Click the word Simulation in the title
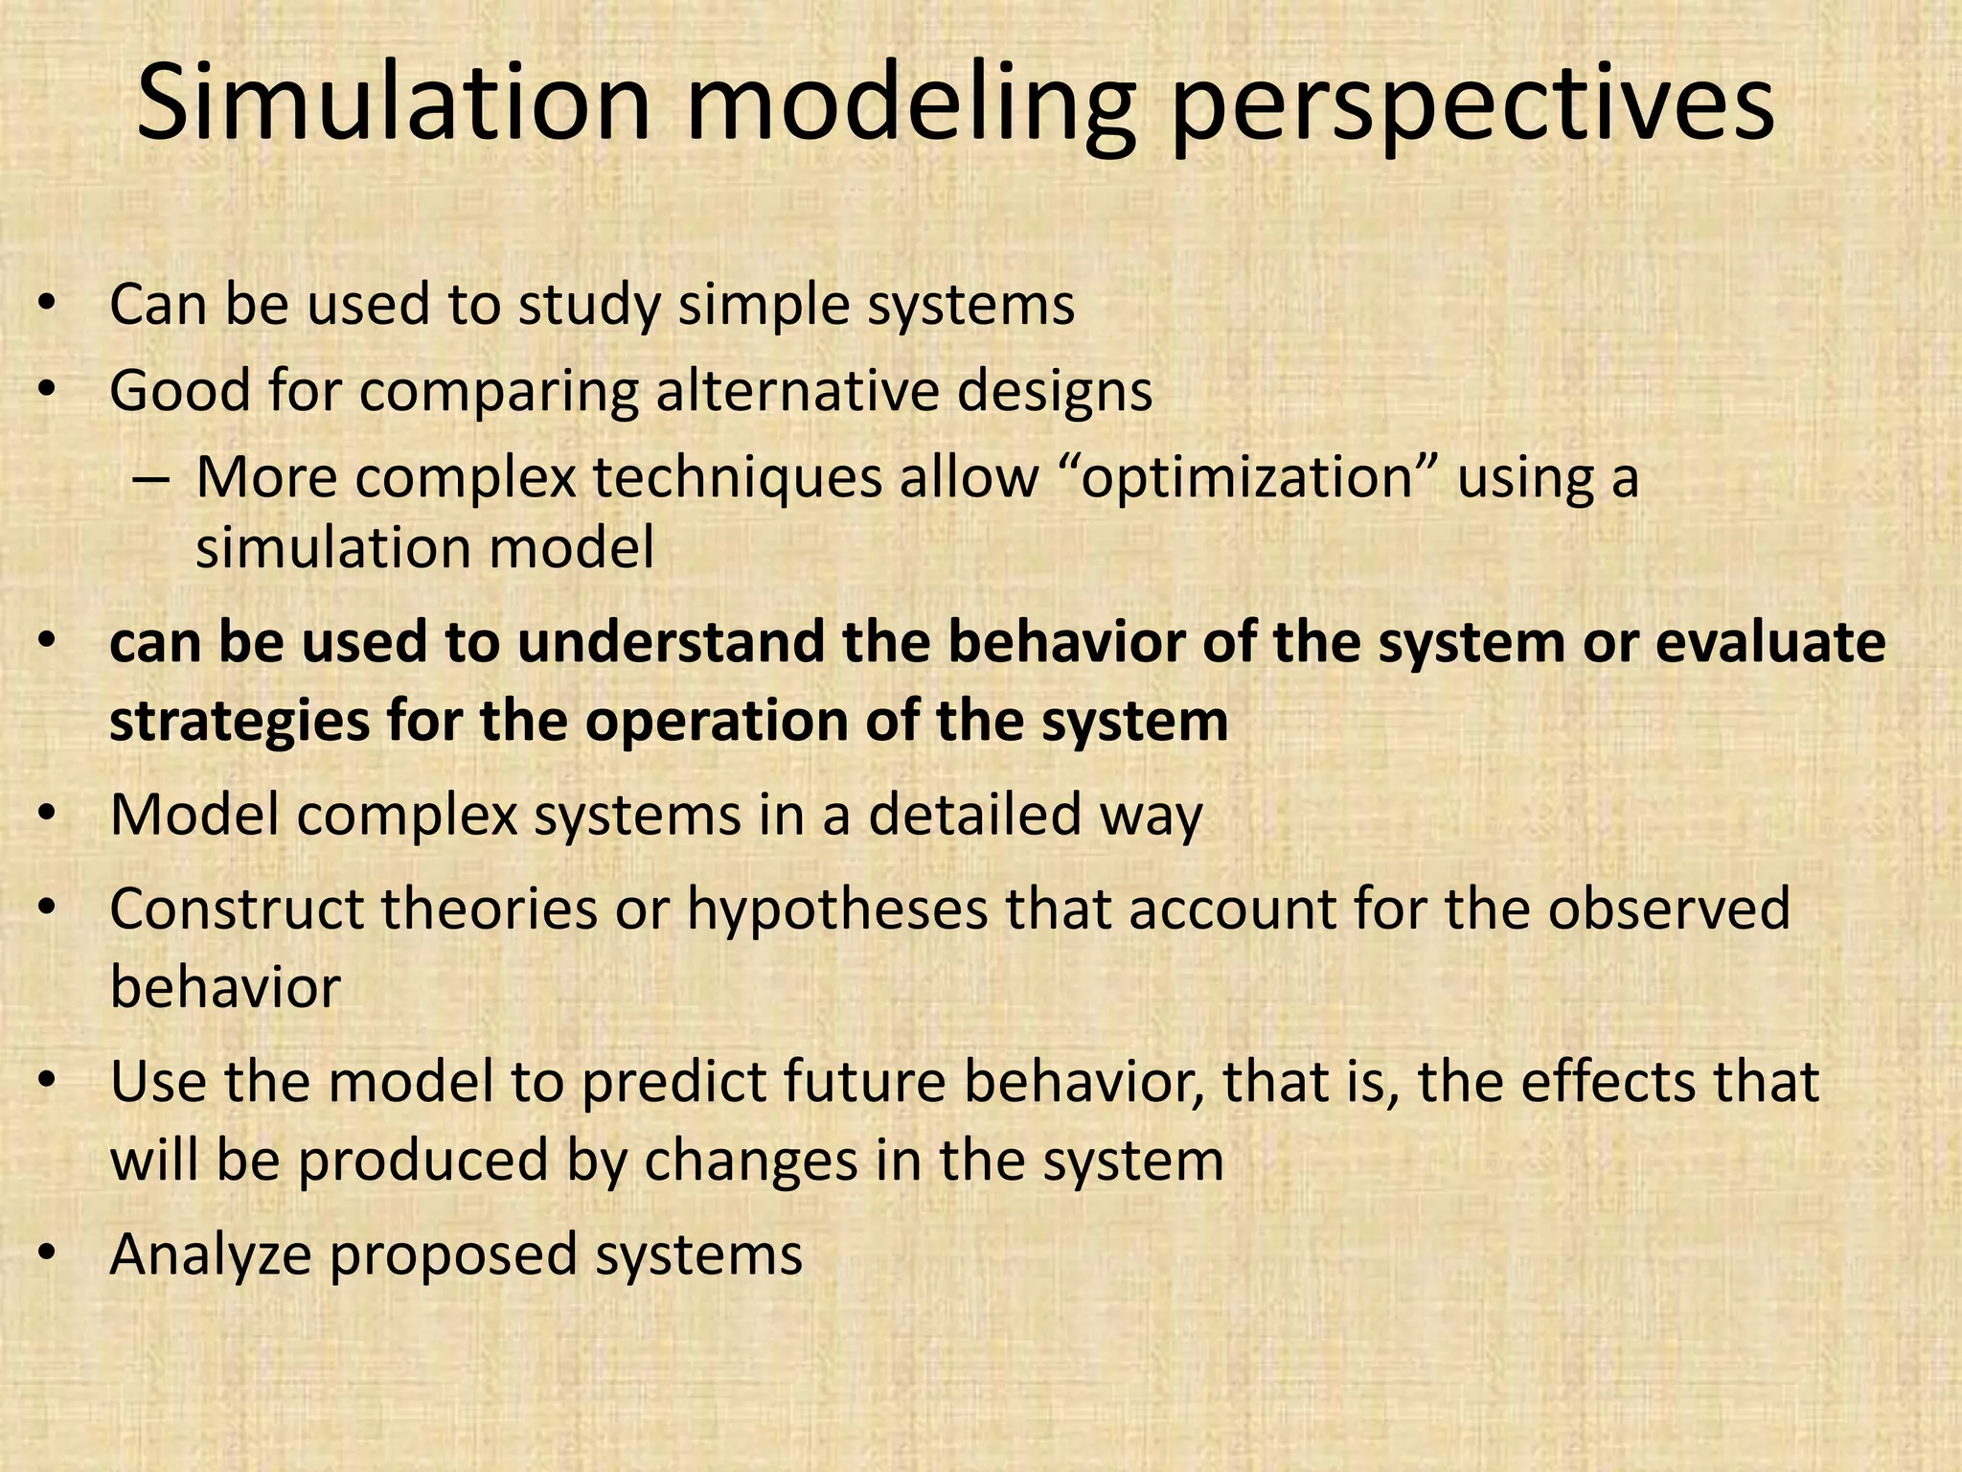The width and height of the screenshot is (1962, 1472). tap(393, 103)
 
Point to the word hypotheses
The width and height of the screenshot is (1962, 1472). tap(836, 909)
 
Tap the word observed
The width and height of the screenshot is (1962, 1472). tap(1668, 909)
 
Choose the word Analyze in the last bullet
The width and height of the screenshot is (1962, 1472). tap(210, 1255)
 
